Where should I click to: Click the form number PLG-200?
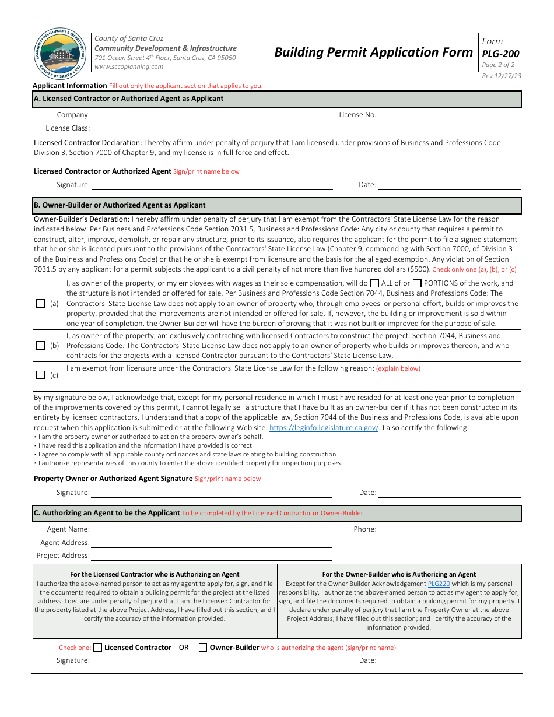point(500,54)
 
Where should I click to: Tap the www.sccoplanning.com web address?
point(129,66)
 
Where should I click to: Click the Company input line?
point(211,115)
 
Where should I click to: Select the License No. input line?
point(449,115)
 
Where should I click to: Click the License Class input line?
point(211,128)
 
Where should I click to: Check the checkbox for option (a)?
point(41,303)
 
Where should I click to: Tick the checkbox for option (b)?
point(41,345)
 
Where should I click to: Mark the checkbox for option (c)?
point(41,375)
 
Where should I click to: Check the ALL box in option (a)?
point(374,283)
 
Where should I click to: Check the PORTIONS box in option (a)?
point(417,283)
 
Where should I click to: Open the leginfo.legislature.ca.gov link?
point(324,427)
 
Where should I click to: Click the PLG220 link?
point(439,584)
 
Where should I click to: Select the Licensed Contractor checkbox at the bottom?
point(97,647)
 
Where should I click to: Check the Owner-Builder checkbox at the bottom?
point(203,647)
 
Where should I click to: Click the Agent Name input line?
point(211,530)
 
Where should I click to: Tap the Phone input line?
point(449,530)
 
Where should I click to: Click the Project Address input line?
point(211,556)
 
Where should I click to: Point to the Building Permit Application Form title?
point(373,52)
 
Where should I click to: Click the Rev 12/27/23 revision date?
point(502,76)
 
